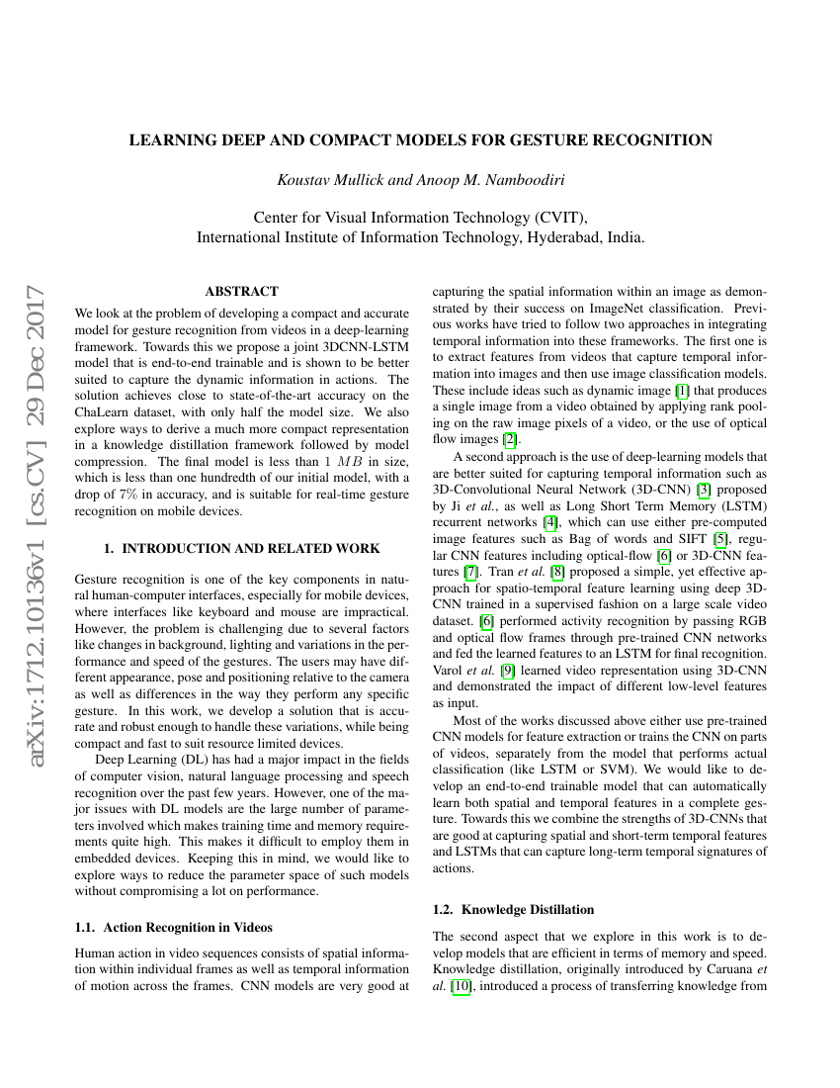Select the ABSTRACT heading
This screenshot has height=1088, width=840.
click(x=241, y=292)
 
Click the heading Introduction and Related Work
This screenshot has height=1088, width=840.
click(x=241, y=547)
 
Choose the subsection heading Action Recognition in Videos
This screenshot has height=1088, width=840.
click(x=174, y=927)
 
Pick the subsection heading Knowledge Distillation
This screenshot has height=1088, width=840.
click(x=514, y=908)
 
